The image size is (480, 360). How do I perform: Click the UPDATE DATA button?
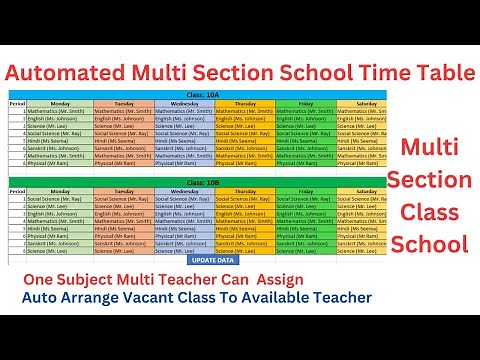point(214,261)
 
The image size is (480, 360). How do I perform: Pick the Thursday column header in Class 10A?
point(243,102)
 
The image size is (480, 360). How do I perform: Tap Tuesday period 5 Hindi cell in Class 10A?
point(122,141)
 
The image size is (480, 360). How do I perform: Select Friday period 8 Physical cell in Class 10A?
point(304,164)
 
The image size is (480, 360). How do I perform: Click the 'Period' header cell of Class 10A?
point(15,102)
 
